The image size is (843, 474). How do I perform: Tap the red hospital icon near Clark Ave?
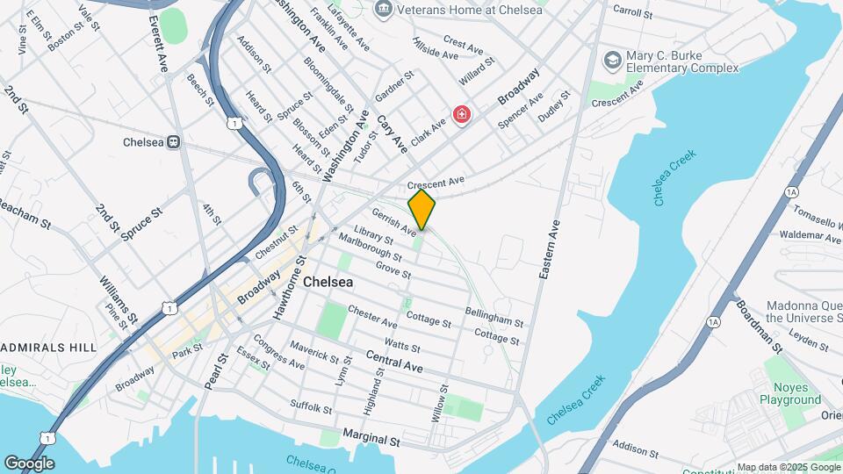(x=460, y=115)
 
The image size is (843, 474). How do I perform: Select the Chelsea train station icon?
(x=174, y=142)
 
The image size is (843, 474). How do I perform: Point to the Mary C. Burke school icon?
(x=612, y=61)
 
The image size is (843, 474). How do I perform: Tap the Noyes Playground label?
(x=790, y=393)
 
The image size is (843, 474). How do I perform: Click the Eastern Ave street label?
(x=551, y=250)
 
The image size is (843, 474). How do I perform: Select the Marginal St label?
(x=371, y=436)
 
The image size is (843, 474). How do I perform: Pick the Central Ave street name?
(x=395, y=361)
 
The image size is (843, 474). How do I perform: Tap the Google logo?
(x=29, y=463)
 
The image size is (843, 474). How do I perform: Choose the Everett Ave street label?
(x=159, y=43)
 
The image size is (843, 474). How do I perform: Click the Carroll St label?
(x=632, y=13)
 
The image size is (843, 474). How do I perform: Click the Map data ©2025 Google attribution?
(x=788, y=467)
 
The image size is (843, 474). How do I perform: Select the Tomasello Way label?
(x=817, y=216)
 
